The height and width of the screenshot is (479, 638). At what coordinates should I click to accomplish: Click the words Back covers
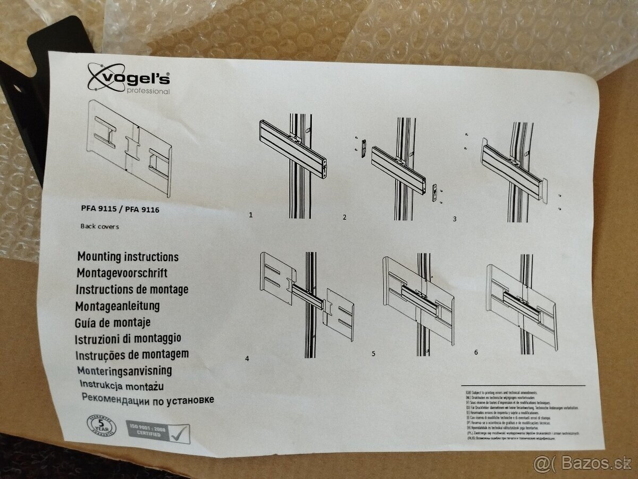click(x=99, y=226)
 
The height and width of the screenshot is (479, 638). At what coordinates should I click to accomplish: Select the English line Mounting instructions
click(x=128, y=257)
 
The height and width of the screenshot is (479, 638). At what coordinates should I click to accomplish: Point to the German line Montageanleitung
click(x=117, y=306)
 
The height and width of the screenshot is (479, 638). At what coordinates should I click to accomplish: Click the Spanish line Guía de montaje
click(x=113, y=322)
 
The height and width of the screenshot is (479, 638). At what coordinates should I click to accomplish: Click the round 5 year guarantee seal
click(x=102, y=426)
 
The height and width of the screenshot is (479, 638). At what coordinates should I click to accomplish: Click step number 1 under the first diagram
click(x=250, y=216)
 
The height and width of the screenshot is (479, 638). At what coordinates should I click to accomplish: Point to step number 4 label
click(x=247, y=358)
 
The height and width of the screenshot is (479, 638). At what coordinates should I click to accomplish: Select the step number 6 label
click(x=476, y=352)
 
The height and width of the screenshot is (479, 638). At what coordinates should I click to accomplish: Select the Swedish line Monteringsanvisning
click(x=124, y=370)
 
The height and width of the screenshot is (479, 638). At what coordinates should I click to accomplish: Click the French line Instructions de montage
click(x=132, y=290)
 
